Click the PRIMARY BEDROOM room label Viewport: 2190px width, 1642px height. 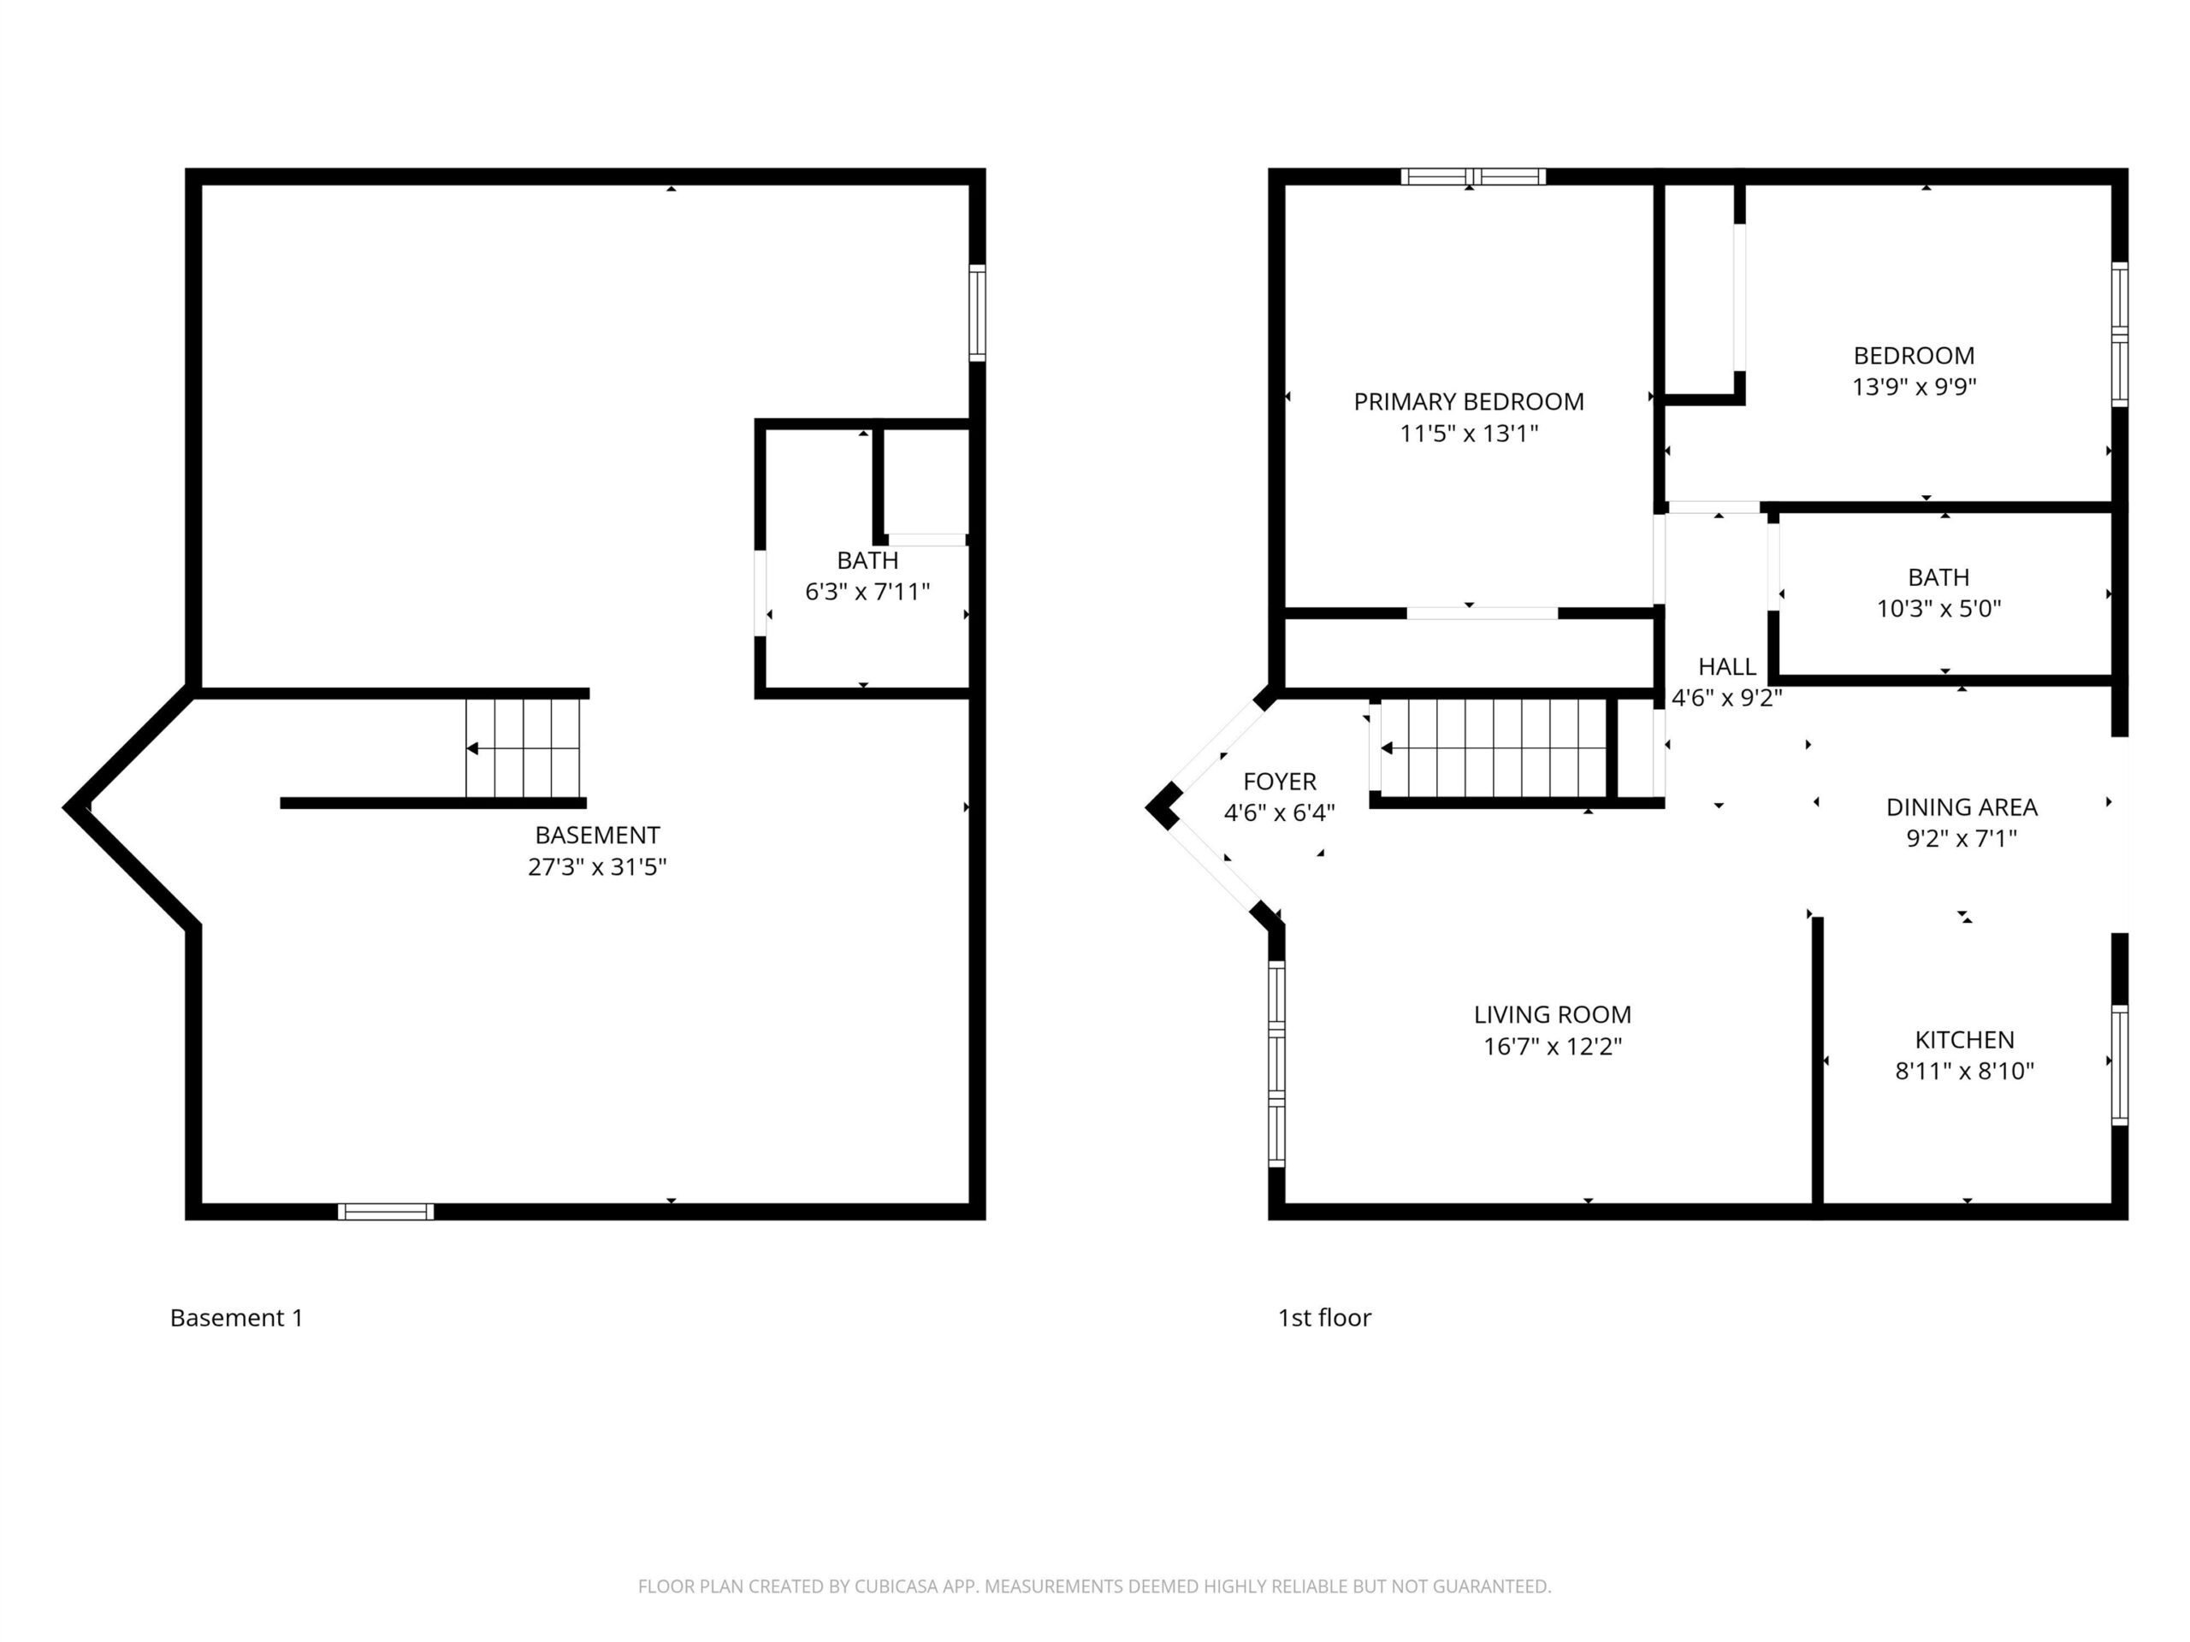pyautogui.click(x=1468, y=402)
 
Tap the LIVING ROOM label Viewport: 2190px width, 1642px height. pyautogui.click(x=1553, y=1014)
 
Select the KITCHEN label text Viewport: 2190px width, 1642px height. pyautogui.click(x=1964, y=1039)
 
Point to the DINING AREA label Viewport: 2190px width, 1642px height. pyautogui.click(x=1962, y=806)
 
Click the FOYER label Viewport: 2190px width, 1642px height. pyautogui.click(x=1279, y=781)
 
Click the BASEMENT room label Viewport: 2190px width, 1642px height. pyautogui.click(x=597, y=835)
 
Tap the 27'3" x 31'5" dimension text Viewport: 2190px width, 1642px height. pyautogui.click(x=597, y=867)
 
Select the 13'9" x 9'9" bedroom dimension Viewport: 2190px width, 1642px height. pyautogui.click(x=1914, y=387)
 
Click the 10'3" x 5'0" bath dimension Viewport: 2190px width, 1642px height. pyautogui.click(x=1938, y=609)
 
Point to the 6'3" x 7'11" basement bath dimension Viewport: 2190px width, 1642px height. pyautogui.click(x=867, y=592)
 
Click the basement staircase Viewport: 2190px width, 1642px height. pyautogui.click(x=523, y=747)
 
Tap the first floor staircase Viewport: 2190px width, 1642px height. pyautogui.click(x=1493, y=747)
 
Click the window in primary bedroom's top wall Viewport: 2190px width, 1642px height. pyautogui.click(x=1473, y=177)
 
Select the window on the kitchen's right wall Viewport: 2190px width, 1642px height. pyautogui.click(x=2120, y=1065)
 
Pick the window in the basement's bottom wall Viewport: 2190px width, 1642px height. pyautogui.click(x=386, y=1212)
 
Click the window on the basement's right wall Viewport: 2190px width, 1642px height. pyautogui.click(x=977, y=313)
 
